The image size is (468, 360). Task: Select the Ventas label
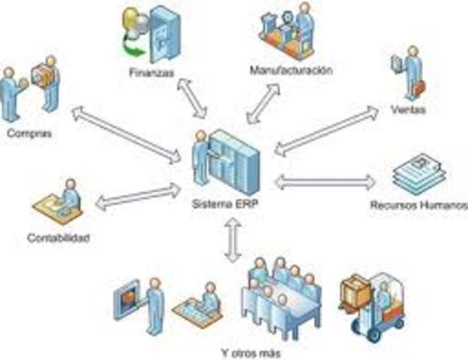pos(408,110)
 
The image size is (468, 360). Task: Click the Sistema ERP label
pos(224,204)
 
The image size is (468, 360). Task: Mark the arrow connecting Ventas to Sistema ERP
pos(326,131)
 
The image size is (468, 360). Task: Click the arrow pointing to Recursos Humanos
pos(325,182)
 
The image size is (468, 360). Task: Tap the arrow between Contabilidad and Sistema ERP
pos(138,196)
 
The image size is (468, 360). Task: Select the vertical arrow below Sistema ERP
pos(233,240)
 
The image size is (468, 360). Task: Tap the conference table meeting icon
pos(283,296)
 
